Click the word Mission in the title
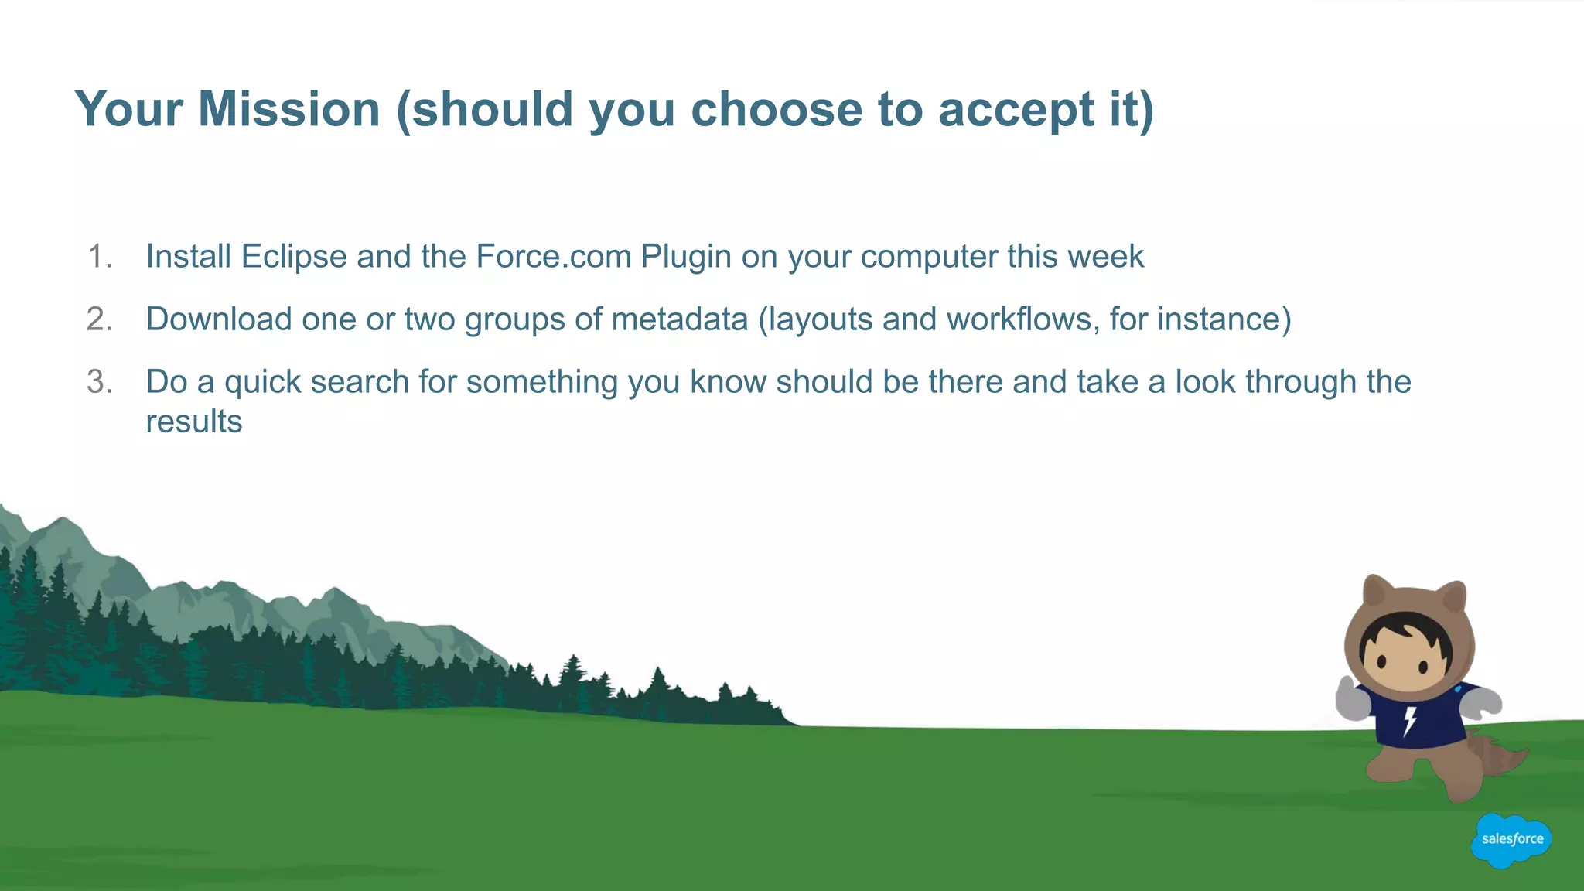tap(288, 109)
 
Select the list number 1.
tap(99, 257)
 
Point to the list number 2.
tap(99, 319)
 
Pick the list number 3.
tap(99, 382)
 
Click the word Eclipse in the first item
tap(294, 257)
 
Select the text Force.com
tap(554, 257)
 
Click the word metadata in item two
tap(679, 319)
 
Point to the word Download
tap(218, 319)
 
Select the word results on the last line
tap(194, 422)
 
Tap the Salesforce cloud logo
tap(1511, 840)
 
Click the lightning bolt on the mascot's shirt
tap(1410, 720)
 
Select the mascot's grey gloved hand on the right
tap(1483, 703)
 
